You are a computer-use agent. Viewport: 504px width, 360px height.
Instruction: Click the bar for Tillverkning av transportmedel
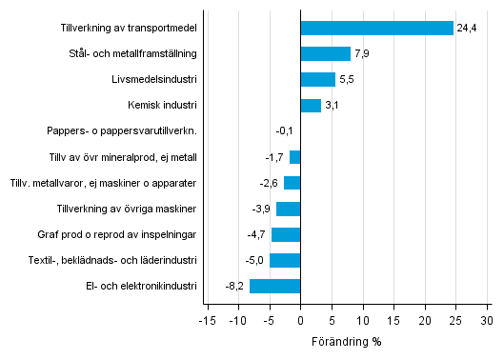point(376,29)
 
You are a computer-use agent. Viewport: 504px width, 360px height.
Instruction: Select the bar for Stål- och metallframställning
point(325,54)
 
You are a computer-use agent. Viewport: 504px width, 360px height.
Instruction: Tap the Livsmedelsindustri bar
point(317,80)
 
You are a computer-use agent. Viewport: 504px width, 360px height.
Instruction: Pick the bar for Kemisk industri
point(311,106)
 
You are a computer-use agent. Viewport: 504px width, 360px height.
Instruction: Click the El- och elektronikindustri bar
point(274,286)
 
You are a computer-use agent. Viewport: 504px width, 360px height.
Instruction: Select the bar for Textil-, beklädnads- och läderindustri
point(285,260)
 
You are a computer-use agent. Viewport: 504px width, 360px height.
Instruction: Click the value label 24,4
point(467,29)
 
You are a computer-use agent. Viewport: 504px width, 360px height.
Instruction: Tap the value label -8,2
point(234,286)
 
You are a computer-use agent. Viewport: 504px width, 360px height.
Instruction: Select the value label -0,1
point(284,131)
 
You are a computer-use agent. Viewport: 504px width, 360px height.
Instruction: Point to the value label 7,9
point(361,54)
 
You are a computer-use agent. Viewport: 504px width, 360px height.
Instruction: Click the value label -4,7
point(255,234)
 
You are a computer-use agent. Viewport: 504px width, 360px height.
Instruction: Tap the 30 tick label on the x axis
point(486,319)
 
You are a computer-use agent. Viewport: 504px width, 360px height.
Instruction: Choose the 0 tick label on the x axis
point(300,319)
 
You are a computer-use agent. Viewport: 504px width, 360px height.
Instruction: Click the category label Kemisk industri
point(162,106)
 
